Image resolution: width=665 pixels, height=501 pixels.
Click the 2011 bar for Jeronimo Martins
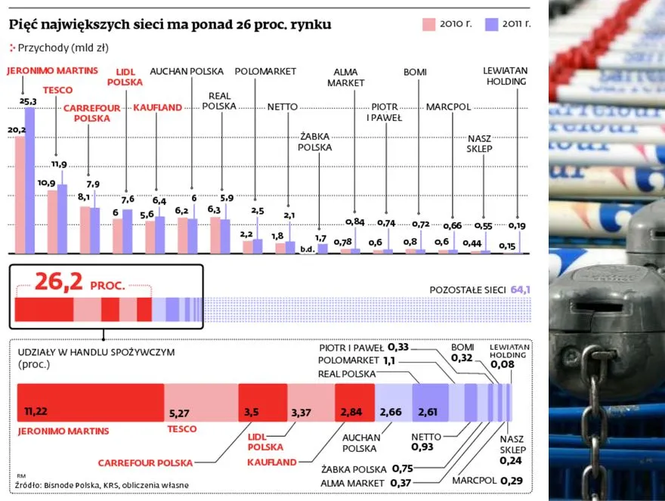coord(30,180)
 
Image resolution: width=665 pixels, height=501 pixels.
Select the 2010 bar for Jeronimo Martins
coord(20,195)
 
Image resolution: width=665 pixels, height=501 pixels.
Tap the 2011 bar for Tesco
coord(63,218)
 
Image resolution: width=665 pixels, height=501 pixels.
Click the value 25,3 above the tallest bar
coord(29,101)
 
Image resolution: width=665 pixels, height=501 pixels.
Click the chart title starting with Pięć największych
coord(170,25)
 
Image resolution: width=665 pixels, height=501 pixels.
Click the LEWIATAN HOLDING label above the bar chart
coord(506,76)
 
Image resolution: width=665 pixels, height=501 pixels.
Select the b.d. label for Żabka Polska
coord(307,248)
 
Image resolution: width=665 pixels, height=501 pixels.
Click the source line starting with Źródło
coord(101,484)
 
